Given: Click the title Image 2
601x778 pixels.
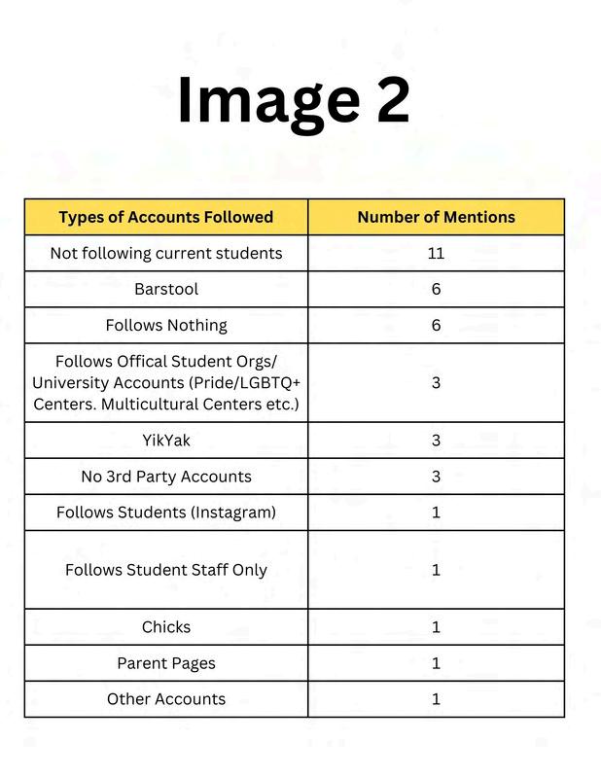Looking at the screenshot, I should (293, 100).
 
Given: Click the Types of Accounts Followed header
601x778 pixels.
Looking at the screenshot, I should (165, 217).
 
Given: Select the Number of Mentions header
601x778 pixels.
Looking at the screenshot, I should (436, 217).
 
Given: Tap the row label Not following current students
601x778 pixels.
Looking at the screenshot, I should (165, 253).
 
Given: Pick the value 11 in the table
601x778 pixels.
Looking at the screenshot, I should (436, 253).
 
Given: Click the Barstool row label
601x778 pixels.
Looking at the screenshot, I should (165, 289).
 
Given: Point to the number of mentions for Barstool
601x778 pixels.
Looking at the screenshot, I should (436, 289).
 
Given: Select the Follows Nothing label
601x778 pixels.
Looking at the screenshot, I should (165, 325).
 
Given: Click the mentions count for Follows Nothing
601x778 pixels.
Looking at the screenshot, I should (436, 325).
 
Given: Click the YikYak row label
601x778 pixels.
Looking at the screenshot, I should (165, 441).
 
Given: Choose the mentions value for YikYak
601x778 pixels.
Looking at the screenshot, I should (436, 441).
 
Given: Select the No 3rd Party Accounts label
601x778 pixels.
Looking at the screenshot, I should (165, 477).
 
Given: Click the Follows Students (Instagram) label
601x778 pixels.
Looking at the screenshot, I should (165, 513).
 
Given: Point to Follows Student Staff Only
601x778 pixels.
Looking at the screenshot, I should (165, 570).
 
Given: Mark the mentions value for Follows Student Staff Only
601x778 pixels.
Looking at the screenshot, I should (436, 570).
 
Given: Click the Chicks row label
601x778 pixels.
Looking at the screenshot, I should (165, 627).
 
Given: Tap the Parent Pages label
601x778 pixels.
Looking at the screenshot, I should (165, 663).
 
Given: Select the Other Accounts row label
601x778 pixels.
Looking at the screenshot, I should (165, 699).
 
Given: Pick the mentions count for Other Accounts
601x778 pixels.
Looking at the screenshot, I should (436, 699).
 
